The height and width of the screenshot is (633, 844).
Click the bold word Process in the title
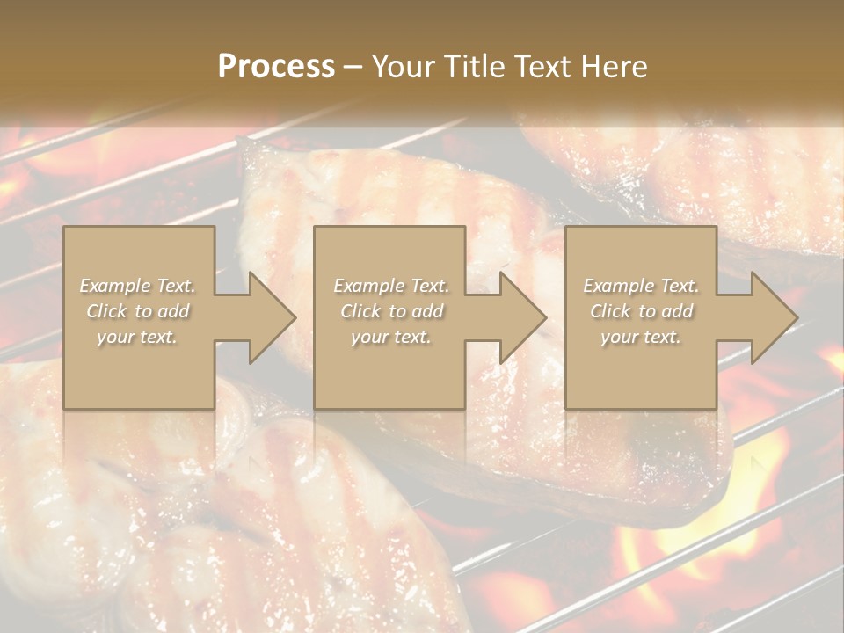coord(276,67)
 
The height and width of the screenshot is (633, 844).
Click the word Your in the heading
coord(403,67)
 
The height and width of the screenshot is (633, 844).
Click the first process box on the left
coord(139,369)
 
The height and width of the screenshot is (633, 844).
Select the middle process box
coord(389,369)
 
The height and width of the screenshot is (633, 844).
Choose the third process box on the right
coord(640,369)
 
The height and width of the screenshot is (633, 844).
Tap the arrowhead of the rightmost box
coord(773,317)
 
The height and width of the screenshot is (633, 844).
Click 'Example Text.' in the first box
coord(138,286)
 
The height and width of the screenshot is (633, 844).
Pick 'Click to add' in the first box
coord(138,311)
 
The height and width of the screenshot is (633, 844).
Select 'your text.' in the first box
coord(138,337)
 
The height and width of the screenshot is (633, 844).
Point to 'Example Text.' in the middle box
coord(391,286)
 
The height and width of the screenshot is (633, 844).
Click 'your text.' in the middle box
coord(391,337)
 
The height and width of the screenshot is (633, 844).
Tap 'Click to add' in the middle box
coord(391,311)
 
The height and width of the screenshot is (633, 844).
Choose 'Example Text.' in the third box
coord(641,286)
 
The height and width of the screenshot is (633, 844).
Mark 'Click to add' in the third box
coord(641,311)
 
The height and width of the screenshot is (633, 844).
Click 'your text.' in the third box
coord(641,337)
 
